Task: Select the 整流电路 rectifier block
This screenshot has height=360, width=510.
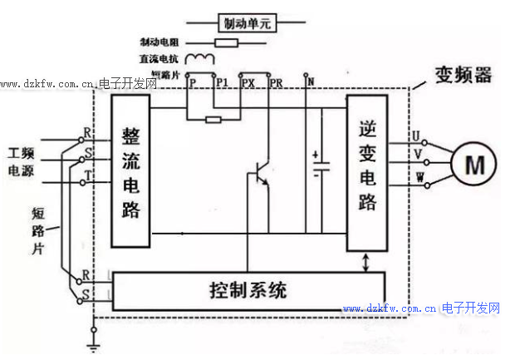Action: tap(130, 172)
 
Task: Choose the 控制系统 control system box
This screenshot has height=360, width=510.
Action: tap(247, 291)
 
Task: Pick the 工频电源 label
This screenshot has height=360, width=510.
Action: tap(24, 162)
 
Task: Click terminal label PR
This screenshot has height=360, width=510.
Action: tap(276, 82)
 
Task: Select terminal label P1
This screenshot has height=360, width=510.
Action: tap(221, 82)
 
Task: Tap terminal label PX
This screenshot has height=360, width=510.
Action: tap(248, 82)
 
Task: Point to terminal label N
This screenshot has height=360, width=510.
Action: tap(310, 81)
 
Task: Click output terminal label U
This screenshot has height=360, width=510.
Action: tap(419, 135)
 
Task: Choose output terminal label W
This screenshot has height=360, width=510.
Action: tap(419, 177)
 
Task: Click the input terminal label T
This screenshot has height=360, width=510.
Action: tap(87, 175)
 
